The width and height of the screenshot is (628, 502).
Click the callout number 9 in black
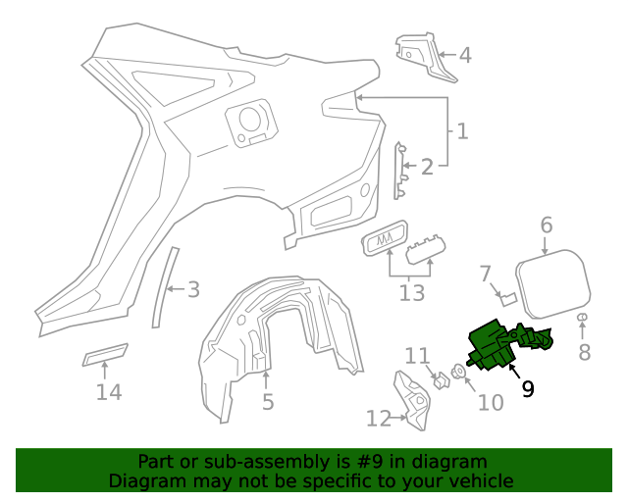coord(528,389)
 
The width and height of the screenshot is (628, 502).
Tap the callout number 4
coord(465,56)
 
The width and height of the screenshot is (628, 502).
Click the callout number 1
coord(461,130)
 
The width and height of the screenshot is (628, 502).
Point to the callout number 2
coord(427,167)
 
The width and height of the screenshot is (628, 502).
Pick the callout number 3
coord(193,289)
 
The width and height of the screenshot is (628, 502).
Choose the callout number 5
coord(268,401)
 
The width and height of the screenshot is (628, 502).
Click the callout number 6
coord(547,226)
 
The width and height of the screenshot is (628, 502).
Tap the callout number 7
coord(485,272)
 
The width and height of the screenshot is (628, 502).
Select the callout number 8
coord(584,352)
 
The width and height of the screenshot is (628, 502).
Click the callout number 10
coord(489,402)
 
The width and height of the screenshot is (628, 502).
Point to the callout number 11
coord(418,355)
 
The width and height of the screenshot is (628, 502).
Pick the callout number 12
coord(379,419)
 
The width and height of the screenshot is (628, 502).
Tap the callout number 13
coord(412,292)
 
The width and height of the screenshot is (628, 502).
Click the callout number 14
coord(109,392)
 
